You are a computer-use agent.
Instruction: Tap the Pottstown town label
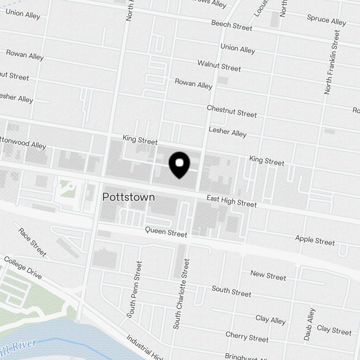click(x=129, y=197)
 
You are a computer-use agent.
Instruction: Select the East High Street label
click(x=231, y=201)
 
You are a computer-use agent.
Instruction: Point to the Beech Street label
click(x=231, y=25)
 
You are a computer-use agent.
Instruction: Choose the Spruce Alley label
click(x=326, y=20)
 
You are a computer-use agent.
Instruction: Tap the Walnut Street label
click(x=219, y=66)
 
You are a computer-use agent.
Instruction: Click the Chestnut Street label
click(x=232, y=111)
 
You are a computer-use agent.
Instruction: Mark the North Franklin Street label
click(x=332, y=62)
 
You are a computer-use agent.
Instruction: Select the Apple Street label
click(x=315, y=240)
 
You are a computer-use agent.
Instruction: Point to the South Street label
click(x=231, y=291)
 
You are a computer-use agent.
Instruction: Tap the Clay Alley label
click(x=270, y=319)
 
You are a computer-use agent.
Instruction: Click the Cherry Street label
click(x=247, y=337)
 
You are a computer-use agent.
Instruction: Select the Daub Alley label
click(x=309, y=324)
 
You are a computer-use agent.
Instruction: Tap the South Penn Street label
click(x=135, y=289)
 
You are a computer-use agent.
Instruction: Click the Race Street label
click(x=32, y=242)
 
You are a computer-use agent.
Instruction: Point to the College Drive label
click(x=23, y=267)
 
